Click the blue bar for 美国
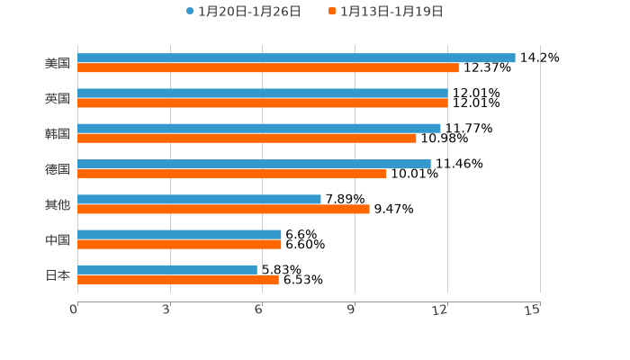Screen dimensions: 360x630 (296, 58)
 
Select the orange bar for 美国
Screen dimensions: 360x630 (268, 67)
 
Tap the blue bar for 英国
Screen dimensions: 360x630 (263, 93)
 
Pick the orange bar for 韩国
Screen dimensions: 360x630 (247, 138)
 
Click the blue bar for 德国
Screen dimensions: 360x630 (254, 164)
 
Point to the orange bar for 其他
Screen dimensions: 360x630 (223, 209)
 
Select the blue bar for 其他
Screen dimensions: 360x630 (199, 199)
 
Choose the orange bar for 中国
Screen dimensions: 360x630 (179, 244)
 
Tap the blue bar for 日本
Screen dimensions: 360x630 (167, 269)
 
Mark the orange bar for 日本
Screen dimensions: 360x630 (178, 279)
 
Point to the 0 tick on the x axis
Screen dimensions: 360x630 (74, 310)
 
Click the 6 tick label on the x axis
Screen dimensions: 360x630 (258, 310)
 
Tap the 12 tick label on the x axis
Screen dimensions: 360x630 (440, 310)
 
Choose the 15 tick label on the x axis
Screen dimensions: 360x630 (532, 310)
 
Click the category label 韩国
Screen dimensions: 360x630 (58, 133)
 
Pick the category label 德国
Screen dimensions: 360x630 (58, 169)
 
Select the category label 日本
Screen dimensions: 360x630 (58, 274)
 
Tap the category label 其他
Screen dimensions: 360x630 (58, 204)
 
